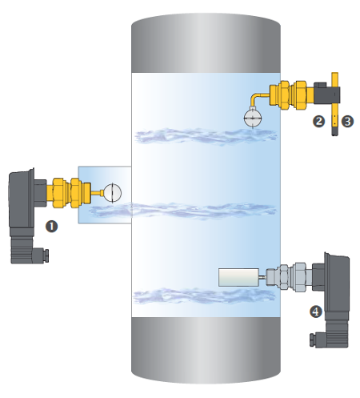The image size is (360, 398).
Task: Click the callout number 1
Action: pos(51,227)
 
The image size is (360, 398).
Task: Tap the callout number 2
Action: pos(318,122)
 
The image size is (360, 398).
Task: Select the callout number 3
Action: pos(347,122)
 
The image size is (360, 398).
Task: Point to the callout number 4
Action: pos(316,312)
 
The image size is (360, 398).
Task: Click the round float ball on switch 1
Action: pos(112,193)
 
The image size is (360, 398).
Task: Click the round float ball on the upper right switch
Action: pos(253,118)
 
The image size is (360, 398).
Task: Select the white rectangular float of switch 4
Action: pos(238,278)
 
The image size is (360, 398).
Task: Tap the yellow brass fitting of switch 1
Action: pos(69,193)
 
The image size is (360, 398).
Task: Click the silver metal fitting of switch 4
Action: pos(290,277)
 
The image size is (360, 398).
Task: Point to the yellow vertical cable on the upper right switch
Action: pos(335,104)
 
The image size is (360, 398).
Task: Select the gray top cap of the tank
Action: pos(206,42)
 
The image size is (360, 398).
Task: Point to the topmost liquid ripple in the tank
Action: pos(206,136)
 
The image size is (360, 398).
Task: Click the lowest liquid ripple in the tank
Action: pos(204,295)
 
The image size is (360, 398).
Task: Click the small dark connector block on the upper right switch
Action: pos(327,93)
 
